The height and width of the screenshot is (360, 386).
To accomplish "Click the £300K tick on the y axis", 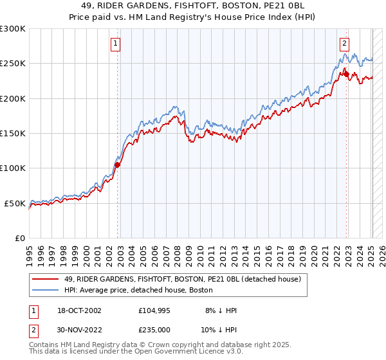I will coord(13,29).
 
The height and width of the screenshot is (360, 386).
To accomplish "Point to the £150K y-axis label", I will coord(13,133).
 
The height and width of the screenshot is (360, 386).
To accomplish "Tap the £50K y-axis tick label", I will coord(15,203).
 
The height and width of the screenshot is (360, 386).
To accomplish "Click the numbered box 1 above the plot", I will coord(115,44).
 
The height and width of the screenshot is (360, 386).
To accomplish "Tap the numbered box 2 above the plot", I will coord(344,44).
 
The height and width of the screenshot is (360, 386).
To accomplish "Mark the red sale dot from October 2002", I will coord(118,165).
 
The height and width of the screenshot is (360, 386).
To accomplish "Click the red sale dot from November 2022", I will coord(346,74).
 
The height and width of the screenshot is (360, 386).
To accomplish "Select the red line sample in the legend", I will coord(46,279).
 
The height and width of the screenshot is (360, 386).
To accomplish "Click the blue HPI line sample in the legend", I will coord(46,290).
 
